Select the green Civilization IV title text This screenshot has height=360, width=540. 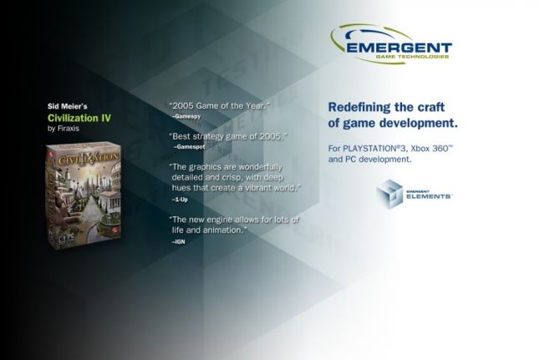point(79,118)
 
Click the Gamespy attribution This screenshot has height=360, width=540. point(187,116)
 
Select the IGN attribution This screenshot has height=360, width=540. point(179,241)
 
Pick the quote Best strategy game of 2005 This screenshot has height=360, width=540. point(227,135)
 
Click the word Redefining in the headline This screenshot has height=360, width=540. point(359,107)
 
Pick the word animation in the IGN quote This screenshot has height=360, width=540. point(220,229)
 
